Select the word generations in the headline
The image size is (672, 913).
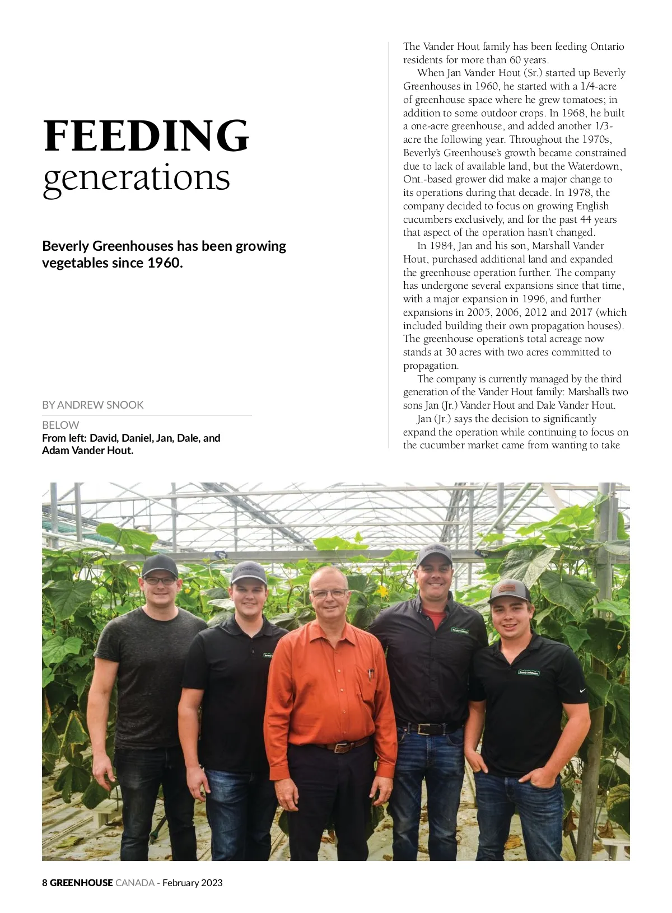pos(137,178)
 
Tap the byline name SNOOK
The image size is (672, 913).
pos(127,405)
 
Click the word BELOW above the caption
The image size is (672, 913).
pos(60,425)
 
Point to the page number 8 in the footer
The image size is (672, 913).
pos(45,883)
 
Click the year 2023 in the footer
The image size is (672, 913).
pos(212,883)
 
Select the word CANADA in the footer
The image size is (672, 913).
pos(135,883)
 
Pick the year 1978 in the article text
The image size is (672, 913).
pos(580,193)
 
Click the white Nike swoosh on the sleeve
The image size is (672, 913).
pos(583,691)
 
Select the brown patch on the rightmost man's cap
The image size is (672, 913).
pos(507,587)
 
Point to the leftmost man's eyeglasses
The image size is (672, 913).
pos(160,581)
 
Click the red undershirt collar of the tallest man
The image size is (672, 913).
pos(435,618)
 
